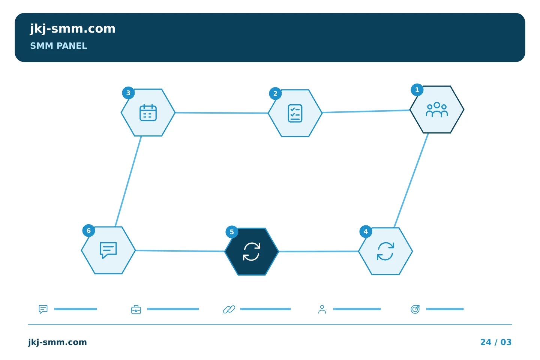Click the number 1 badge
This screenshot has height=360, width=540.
pyautogui.click(x=417, y=90)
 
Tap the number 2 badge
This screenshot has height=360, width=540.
pyautogui.click(x=275, y=93)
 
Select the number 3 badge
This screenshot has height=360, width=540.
pyautogui.click(x=128, y=93)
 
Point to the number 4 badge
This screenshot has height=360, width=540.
pyautogui.click(x=366, y=232)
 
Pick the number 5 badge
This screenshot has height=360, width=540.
pyautogui.click(x=232, y=232)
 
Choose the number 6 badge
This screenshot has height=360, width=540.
pyautogui.click(x=88, y=231)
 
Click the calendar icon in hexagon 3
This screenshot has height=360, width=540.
pyautogui.click(x=148, y=112)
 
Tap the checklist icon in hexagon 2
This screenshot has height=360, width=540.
pyautogui.click(x=295, y=113)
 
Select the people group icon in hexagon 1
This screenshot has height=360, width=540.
pyautogui.click(x=437, y=110)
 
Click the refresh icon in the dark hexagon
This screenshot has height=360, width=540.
pyautogui.click(x=252, y=252)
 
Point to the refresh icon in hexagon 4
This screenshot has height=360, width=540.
pyautogui.click(x=385, y=251)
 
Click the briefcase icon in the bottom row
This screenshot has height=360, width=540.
pyautogui.click(x=136, y=309)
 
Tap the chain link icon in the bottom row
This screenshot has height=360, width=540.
pyautogui.click(x=229, y=309)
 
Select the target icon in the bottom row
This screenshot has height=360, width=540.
pyautogui.click(x=415, y=309)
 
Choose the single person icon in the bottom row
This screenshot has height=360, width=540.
pyautogui.click(x=322, y=309)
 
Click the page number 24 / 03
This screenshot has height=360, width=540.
pyautogui.click(x=496, y=342)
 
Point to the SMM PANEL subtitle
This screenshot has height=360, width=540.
pyautogui.click(x=58, y=46)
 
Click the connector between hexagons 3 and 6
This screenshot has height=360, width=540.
pyautogui.click(x=128, y=181)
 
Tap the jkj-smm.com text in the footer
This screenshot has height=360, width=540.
pyautogui.click(x=57, y=342)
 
